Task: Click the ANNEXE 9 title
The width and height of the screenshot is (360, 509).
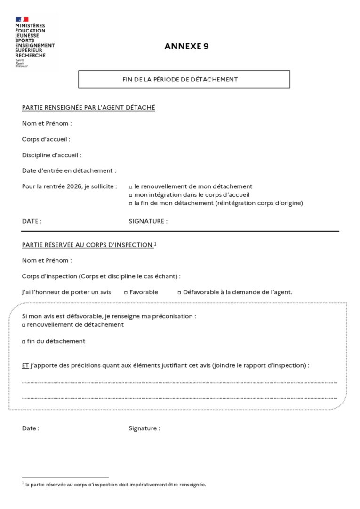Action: tap(187, 46)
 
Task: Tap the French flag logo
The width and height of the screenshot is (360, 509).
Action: tap(22, 19)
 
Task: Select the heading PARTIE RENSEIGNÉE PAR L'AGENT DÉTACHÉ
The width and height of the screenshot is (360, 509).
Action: tap(88, 108)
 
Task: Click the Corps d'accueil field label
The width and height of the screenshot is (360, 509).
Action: tap(46, 139)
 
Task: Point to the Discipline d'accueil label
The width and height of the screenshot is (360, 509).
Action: tap(52, 155)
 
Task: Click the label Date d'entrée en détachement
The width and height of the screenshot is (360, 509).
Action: tap(69, 170)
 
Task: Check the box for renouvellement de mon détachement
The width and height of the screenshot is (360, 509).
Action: tap(131, 187)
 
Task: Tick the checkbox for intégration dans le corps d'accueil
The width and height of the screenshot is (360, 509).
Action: tap(131, 195)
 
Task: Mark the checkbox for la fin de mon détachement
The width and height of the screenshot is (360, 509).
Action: tap(131, 203)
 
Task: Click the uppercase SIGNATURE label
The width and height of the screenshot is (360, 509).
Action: tap(148, 221)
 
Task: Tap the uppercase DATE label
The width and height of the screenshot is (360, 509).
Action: tap(32, 221)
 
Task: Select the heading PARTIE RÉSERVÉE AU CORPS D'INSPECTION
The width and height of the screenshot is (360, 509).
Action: tap(87, 245)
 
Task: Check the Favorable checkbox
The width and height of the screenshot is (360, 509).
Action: tap(126, 292)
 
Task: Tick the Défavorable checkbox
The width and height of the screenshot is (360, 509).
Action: tap(179, 292)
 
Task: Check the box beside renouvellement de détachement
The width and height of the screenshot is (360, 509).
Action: tap(24, 325)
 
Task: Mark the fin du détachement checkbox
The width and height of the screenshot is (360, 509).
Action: tap(24, 342)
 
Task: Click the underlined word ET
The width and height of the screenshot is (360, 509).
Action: tap(25, 365)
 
